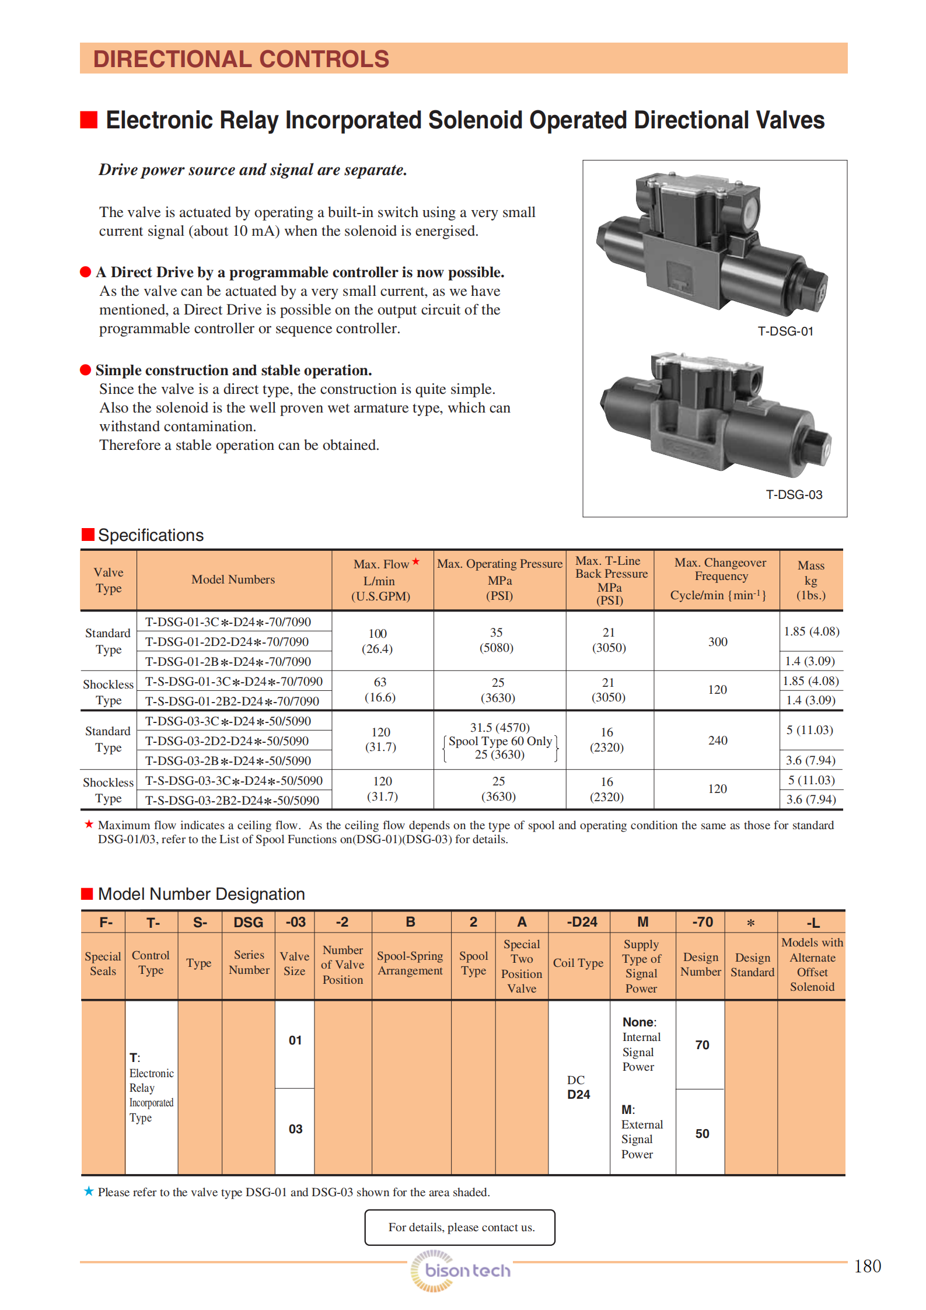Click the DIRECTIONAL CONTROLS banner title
point(241,59)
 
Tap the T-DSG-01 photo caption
point(785,331)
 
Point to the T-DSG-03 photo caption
point(794,495)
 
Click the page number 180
point(867,1266)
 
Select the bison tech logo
point(460,1270)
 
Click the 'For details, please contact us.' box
point(460,1227)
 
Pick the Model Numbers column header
point(233,579)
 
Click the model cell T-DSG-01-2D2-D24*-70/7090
point(226,642)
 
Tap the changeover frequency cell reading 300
point(718,642)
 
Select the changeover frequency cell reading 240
point(718,740)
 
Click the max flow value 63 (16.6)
point(380,690)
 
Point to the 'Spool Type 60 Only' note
point(500,741)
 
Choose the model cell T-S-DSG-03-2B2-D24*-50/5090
point(232,801)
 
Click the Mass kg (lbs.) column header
point(811,580)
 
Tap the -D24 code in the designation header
point(582,922)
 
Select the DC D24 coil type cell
point(578,1087)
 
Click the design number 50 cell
point(702,1133)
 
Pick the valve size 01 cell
point(295,1040)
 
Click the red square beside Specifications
point(88,535)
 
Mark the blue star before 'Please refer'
point(89,1191)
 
